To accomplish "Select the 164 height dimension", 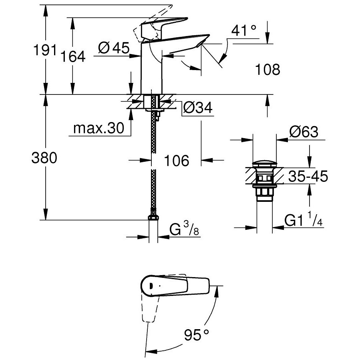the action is pos(73,56).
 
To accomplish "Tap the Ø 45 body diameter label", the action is pos(114,48).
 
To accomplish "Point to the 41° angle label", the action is pos(243,30).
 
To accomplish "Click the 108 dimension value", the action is pos(268,69).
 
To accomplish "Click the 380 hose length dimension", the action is pos(44,158).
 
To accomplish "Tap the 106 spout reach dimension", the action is pos(177,161).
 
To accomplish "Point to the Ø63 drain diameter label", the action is pos(304,132).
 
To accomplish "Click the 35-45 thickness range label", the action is pos(308,176).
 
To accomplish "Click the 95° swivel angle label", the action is pos(197,335).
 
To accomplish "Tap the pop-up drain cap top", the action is pos(264,165).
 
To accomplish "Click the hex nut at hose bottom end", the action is pos(153,217).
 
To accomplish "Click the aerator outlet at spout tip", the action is pos(200,43).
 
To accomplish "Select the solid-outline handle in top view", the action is pos(175,285).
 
